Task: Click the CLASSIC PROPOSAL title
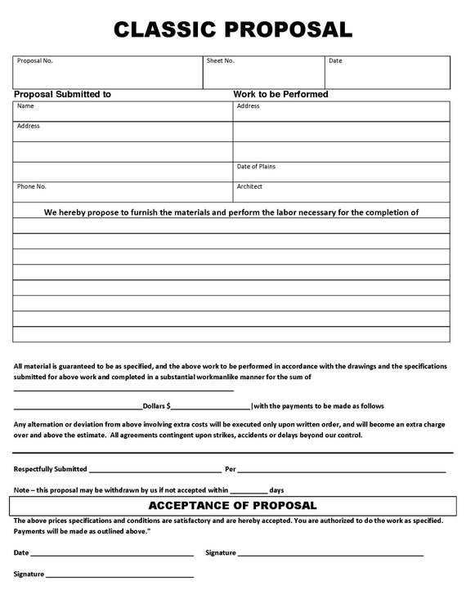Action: (233, 30)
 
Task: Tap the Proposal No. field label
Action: (35, 61)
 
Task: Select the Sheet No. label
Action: (221, 61)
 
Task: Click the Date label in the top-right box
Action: (335, 61)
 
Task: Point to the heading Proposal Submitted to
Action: (63, 95)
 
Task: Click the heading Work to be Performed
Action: (280, 95)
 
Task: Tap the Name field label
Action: (25, 106)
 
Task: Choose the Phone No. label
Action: (32, 186)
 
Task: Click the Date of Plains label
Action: (256, 167)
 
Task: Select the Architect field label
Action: (249, 186)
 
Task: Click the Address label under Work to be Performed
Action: (248, 106)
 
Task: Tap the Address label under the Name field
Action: (28, 127)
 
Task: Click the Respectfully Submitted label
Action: (50, 470)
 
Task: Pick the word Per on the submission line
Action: (230, 470)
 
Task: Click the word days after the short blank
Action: (276, 489)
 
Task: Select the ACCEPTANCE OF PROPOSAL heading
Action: (232, 507)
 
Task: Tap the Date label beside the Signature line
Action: (20, 553)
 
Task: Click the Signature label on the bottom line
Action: (29, 574)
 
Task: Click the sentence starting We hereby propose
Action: (231, 212)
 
